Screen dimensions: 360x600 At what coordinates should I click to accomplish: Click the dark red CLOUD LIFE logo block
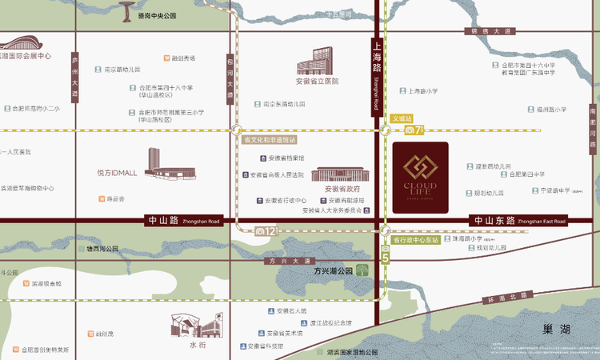420,178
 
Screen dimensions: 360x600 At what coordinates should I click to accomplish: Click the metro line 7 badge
413,130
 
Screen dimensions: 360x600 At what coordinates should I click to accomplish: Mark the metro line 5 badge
384,257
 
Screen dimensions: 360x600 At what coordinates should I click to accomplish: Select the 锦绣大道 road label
491,31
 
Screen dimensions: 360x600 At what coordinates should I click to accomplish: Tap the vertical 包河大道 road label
230,78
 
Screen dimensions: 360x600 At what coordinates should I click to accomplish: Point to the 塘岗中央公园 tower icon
126,11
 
